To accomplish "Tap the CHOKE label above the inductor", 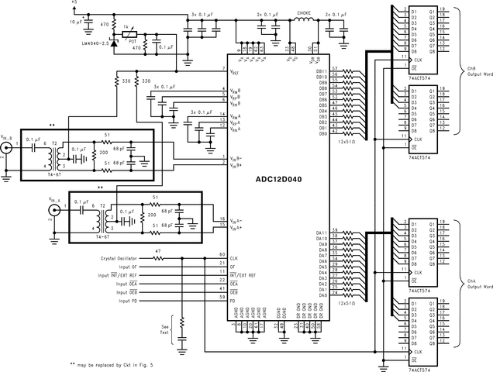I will pyautogui.click(x=304, y=14).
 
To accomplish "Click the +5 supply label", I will pyautogui.click(x=74, y=3).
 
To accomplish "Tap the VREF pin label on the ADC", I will pyautogui.click(x=235, y=71).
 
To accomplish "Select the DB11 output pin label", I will pyautogui.click(x=322, y=71).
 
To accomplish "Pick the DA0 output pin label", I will pyautogui.click(x=322, y=295).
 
